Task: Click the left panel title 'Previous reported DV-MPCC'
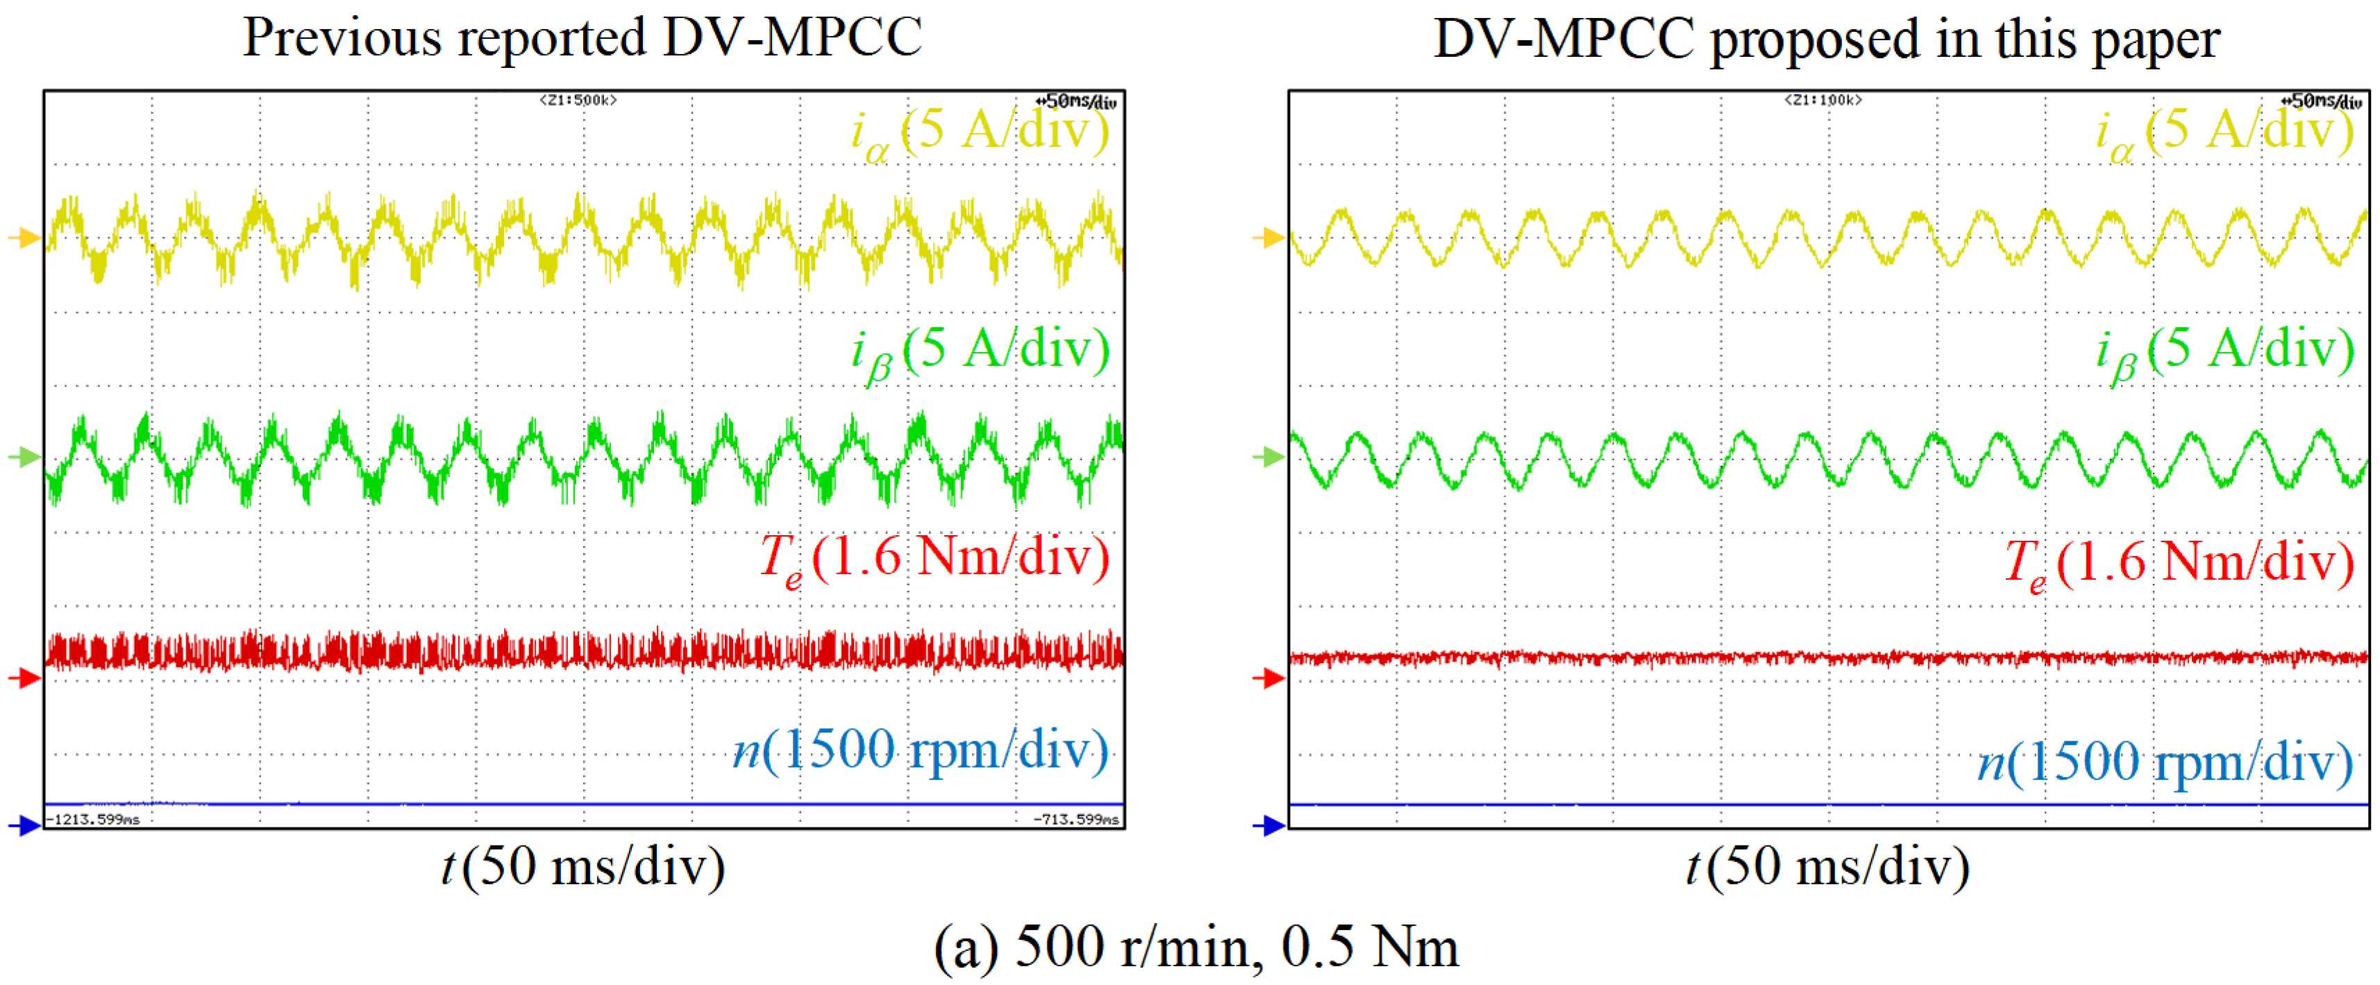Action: point(582,39)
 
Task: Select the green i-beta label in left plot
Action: point(980,352)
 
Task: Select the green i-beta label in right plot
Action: point(2224,352)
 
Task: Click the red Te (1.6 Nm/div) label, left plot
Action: point(933,559)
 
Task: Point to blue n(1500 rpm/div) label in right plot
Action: point(2165,764)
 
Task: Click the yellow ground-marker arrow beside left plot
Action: point(25,238)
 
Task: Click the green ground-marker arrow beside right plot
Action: point(1269,457)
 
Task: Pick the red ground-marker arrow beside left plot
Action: point(25,679)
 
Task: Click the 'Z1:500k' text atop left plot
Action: point(578,100)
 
